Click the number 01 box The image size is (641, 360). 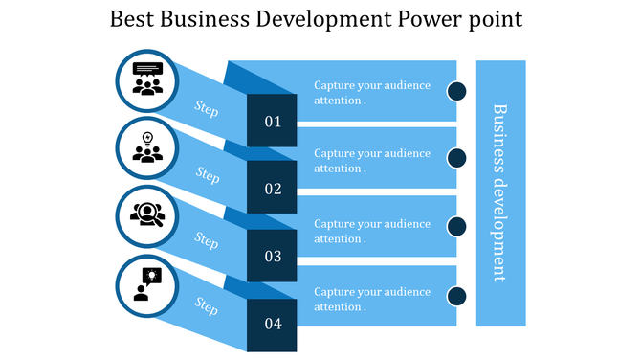[273, 122]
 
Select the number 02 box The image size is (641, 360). [273, 189]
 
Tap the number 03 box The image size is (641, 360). [273, 257]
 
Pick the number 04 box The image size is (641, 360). [273, 324]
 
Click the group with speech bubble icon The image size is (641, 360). [147, 79]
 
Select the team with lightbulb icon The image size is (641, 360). [147, 147]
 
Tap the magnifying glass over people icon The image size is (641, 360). [147, 214]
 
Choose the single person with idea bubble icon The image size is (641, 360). [147, 283]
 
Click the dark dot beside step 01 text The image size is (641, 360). [457, 91]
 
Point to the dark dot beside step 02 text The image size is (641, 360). [457, 159]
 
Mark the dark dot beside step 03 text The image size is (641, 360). [457, 226]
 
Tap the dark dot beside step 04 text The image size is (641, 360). [457, 295]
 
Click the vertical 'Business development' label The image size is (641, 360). [499, 192]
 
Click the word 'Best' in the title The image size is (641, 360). [132, 20]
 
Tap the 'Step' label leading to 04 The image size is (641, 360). [208, 305]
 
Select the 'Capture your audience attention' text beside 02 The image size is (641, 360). [372, 160]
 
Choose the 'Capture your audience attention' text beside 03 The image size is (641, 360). [372, 231]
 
